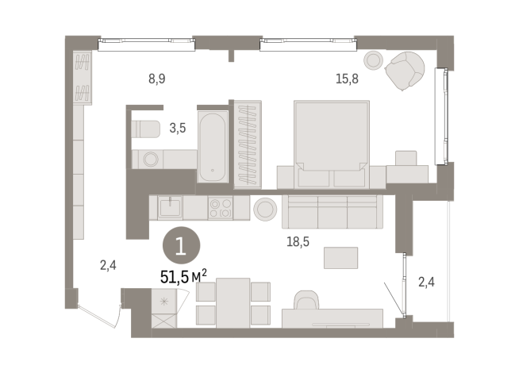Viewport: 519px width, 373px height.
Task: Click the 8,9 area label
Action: pyautogui.click(x=157, y=78)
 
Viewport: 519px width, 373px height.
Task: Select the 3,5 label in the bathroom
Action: pyautogui.click(x=178, y=127)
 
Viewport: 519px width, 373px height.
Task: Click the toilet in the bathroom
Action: pyautogui.click(x=146, y=129)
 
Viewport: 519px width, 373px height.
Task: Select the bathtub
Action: pyautogui.click(x=213, y=146)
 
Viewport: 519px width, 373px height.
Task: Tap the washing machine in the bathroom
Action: pyautogui.click(x=150, y=160)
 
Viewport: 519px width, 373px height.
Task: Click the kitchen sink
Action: pyautogui.click(x=170, y=208)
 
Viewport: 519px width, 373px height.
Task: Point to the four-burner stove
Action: pyautogui.click(x=220, y=209)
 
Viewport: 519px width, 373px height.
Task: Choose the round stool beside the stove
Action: pyautogui.click(x=263, y=209)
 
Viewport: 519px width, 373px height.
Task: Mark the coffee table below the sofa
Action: pyautogui.click(x=341, y=257)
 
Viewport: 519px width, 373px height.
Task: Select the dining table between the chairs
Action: pyautogui.click(x=233, y=302)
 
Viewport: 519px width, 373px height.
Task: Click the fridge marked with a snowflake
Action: pyautogui.click(x=164, y=302)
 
